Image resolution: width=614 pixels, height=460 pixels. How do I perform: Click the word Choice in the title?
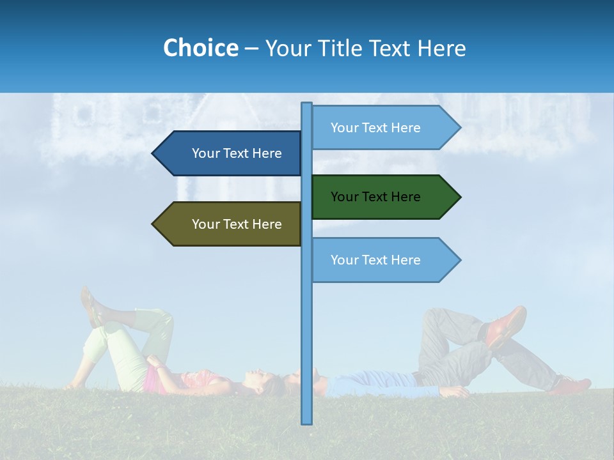pos(200,48)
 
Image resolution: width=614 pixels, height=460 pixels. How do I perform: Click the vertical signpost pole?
pos(306,332)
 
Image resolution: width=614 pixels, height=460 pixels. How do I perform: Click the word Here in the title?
pos(441,48)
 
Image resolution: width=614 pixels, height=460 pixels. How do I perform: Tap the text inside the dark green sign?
pos(375,197)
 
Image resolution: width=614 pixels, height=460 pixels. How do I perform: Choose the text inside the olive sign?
pos(237,224)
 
